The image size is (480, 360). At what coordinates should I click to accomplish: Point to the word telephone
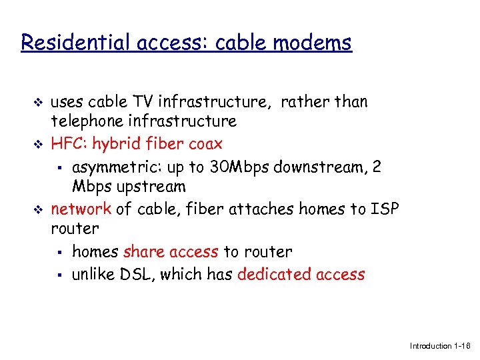coord(86,121)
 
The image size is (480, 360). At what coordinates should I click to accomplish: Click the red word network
coord(81,209)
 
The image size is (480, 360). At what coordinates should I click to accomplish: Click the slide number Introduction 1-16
coord(440,346)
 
